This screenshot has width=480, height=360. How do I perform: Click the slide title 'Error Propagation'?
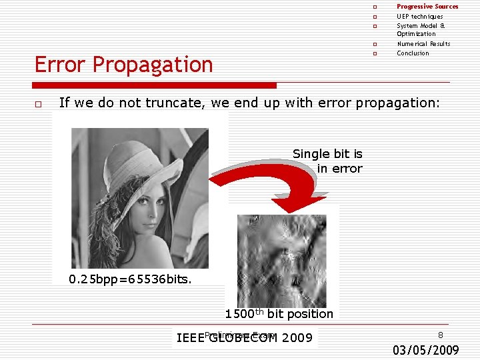coord(123,65)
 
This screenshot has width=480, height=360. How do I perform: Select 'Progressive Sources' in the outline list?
coord(427,7)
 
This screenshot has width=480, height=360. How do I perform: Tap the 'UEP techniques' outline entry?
coord(419,16)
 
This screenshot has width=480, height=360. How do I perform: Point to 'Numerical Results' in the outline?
coord(423,44)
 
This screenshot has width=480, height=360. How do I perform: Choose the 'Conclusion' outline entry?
coord(413,53)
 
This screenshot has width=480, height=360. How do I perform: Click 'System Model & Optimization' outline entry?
coord(420,29)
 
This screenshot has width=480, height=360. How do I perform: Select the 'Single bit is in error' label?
coord(327,161)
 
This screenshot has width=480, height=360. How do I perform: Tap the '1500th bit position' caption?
coord(279,314)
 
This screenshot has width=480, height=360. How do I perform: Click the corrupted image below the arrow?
coord(282,253)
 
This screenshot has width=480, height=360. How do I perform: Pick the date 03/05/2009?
coord(425,349)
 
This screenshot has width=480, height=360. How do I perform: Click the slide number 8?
coord(440,335)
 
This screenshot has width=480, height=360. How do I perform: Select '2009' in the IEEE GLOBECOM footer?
coord(297,338)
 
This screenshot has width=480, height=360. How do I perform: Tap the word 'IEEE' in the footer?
coord(190,338)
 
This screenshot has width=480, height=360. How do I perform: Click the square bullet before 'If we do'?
coord(39,104)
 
